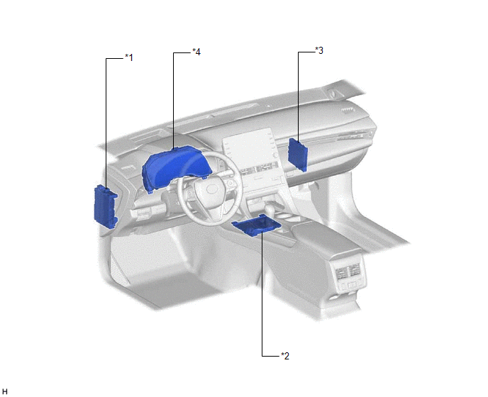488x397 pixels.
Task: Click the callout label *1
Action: point(129,57)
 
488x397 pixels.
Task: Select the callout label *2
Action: point(285,356)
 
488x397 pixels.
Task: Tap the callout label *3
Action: point(319,50)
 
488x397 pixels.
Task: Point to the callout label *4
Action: point(196,52)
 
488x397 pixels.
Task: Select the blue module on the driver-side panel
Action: point(105,206)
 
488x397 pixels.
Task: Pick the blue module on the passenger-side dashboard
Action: point(298,155)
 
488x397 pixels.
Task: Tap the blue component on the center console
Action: point(257,225)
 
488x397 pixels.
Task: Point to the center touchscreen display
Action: point(248,149)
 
